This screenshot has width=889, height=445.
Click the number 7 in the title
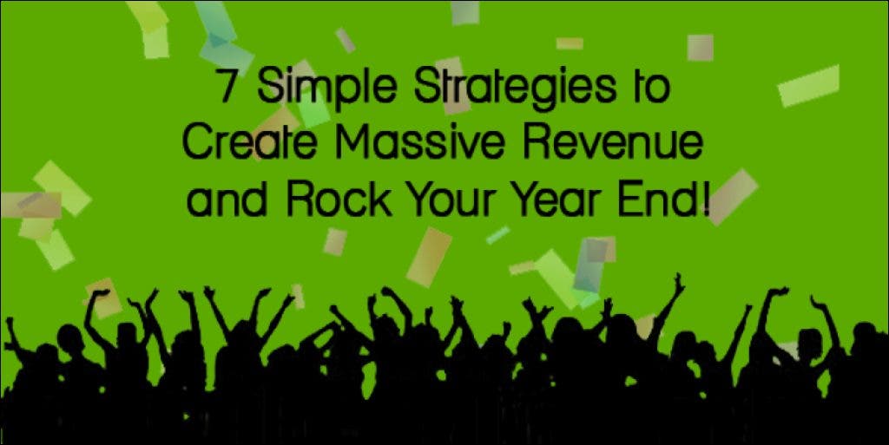coord(229,87)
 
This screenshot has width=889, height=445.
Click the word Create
coord(249,141)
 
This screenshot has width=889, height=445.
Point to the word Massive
coord(420,141)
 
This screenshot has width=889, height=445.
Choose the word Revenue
coord(612,141)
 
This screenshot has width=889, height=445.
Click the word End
coord(659,199)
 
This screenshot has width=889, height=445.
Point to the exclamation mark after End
coord(706,199)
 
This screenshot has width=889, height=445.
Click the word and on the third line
coord(227,200)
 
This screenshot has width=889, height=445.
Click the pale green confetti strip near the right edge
coord(808,86)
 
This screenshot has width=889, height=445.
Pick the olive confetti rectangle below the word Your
coord(429,258)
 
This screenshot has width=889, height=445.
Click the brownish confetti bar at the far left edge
coord(30,205)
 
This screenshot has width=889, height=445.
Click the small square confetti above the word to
coord(701,48)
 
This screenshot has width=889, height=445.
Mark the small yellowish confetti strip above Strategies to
coord(570,43)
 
